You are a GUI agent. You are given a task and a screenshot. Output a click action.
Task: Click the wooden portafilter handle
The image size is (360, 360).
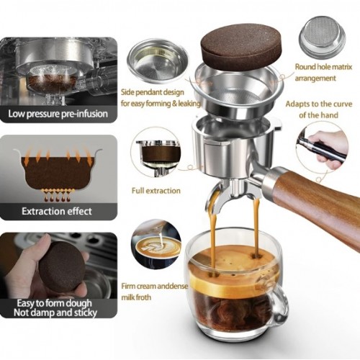tap(317, 210)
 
